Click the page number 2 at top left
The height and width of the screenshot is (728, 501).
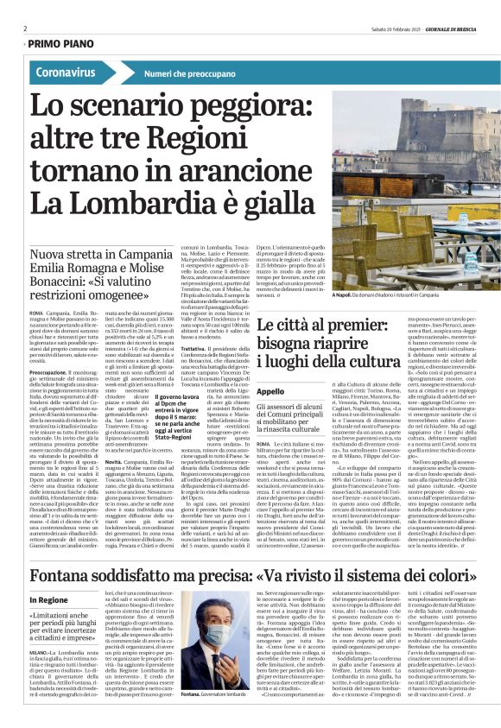point(26,28)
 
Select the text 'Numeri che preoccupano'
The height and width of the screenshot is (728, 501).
point(189,74)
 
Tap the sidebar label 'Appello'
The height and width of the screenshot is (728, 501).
point(270,390)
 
